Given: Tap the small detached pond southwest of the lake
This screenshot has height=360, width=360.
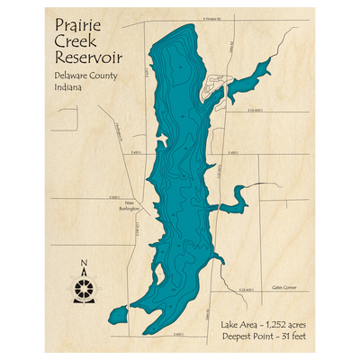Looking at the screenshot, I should (116, 315).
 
